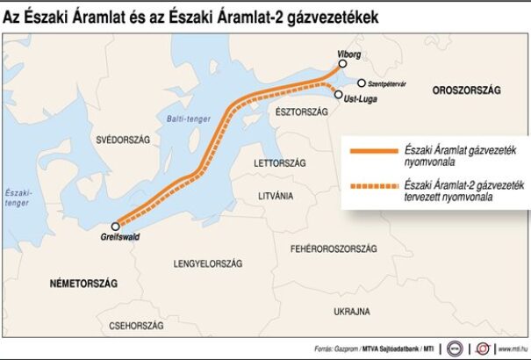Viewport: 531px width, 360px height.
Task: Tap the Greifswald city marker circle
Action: [115, 226]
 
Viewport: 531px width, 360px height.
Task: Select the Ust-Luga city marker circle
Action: [339, 94]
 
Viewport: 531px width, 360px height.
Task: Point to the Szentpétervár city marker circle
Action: [361, 83]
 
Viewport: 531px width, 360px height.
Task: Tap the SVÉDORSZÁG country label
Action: [125, 140]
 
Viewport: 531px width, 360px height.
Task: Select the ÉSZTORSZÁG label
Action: [301, 112]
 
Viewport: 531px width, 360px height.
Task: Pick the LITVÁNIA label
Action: [276, 195]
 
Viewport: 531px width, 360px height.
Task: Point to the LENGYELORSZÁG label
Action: [209, 263]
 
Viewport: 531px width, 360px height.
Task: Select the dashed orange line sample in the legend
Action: [373, 187]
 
